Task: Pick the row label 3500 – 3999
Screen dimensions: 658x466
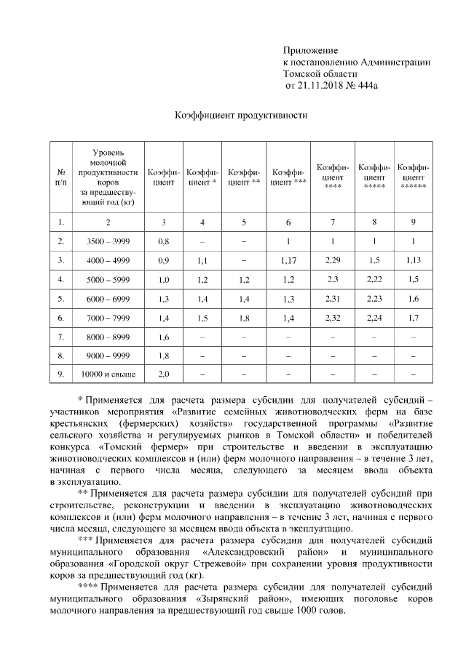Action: pos(108,241)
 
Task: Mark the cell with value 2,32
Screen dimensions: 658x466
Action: pos(333,317)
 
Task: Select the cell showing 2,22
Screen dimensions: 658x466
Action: pos(374,278)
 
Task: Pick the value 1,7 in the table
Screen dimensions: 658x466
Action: pos(413,317)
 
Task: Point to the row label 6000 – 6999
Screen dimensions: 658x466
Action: pos(108,298)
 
